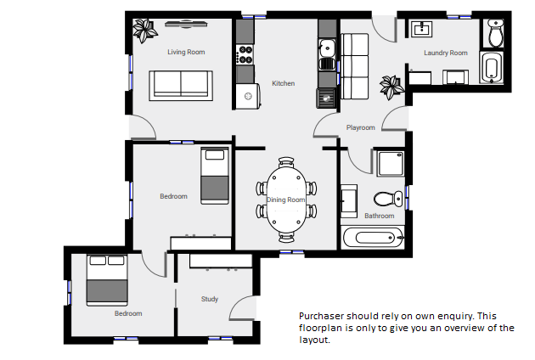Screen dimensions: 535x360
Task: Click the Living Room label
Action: point(186,52)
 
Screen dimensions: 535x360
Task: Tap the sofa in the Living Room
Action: point(181,86)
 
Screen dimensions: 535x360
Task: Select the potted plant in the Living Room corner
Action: point(144,31)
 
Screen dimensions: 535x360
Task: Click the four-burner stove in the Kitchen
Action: point(245,54)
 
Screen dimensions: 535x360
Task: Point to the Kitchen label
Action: point(283,83)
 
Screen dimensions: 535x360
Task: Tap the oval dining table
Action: point(286,200)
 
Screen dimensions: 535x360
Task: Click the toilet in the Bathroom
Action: point(388,199)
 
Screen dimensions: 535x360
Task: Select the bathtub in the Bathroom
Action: point(374,237)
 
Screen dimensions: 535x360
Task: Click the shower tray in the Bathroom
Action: point(391,164)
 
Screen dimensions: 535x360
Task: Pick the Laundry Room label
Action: point(446,53)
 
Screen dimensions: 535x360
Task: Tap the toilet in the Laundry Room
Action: point(496,33)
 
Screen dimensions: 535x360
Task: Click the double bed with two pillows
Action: point(107,280)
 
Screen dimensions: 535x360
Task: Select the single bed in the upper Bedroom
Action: point(215,176)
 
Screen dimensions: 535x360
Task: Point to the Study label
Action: point(210,299)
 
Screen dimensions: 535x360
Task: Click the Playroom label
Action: point(361,127)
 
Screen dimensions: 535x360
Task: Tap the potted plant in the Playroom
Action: point(391,87)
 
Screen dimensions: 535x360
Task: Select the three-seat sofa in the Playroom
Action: point(355,66)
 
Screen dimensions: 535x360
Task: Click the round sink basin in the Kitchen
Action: point(327,48)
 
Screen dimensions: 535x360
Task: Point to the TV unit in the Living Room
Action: point(186,24)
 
